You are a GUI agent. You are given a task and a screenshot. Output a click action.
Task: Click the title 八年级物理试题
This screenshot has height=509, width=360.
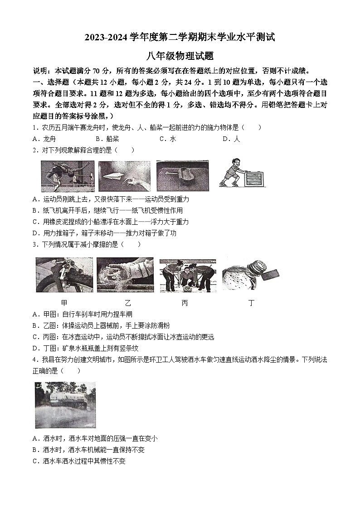click(180, 56)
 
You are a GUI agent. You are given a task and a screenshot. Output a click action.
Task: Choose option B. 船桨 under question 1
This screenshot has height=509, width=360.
click(107, 139)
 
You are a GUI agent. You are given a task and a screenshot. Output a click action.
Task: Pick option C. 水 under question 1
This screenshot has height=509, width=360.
click(167, 139)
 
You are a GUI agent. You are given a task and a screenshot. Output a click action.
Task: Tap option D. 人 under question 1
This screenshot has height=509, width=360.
click(231, 139)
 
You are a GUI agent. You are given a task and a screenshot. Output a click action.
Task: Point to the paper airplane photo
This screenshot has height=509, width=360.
click(124, 176)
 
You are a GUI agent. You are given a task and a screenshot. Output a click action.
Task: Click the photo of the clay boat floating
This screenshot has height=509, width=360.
click(182, 176)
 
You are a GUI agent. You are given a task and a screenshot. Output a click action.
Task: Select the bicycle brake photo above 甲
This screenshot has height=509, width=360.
click(64, 275)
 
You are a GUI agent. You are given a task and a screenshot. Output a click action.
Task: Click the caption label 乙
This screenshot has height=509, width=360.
click(127, 303)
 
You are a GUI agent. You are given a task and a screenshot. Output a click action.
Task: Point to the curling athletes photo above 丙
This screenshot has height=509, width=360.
click(188, 275)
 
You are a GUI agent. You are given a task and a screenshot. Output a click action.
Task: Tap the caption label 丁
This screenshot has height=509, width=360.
click(251, 303)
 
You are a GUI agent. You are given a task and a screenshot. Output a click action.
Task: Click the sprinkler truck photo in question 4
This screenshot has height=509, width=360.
click(65, 405)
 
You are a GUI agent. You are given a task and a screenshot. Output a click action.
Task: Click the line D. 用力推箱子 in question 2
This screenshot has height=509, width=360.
click(104, 233)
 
